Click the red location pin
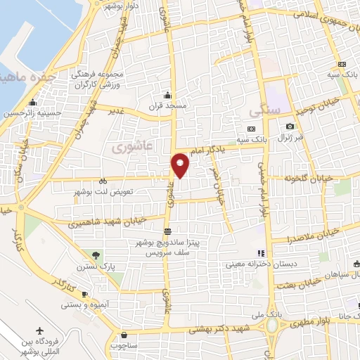tap(181, 165)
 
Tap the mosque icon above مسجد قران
tap(167, 96)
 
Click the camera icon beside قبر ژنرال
tap(290, 127)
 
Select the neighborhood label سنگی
tap(264, 111)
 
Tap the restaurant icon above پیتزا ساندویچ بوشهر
tap(167, 231)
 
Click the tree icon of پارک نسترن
tap(96, 255)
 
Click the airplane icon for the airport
tap(39, 330)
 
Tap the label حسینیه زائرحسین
tap(29, 112)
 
